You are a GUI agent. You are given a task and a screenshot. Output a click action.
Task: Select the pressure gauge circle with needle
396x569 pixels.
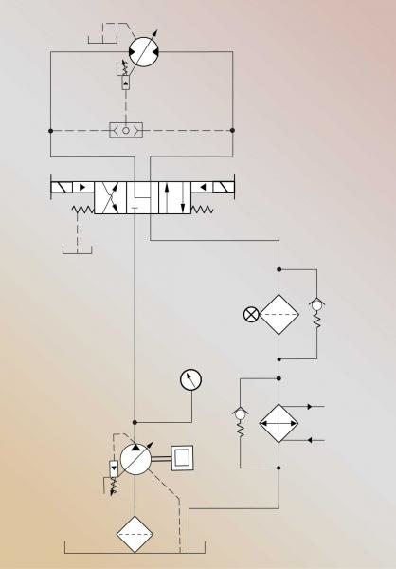point(191,380)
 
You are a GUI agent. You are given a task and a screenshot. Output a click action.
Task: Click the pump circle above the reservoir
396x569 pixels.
point(136,459)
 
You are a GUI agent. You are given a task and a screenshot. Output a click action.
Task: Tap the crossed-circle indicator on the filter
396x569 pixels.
point(251,315)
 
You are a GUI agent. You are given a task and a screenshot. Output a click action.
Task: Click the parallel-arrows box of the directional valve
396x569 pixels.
point(171,196)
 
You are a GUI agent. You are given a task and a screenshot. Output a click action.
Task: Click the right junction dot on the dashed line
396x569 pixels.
point(232,129)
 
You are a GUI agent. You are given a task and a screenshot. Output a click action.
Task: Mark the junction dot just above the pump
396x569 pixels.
point(135,422)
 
